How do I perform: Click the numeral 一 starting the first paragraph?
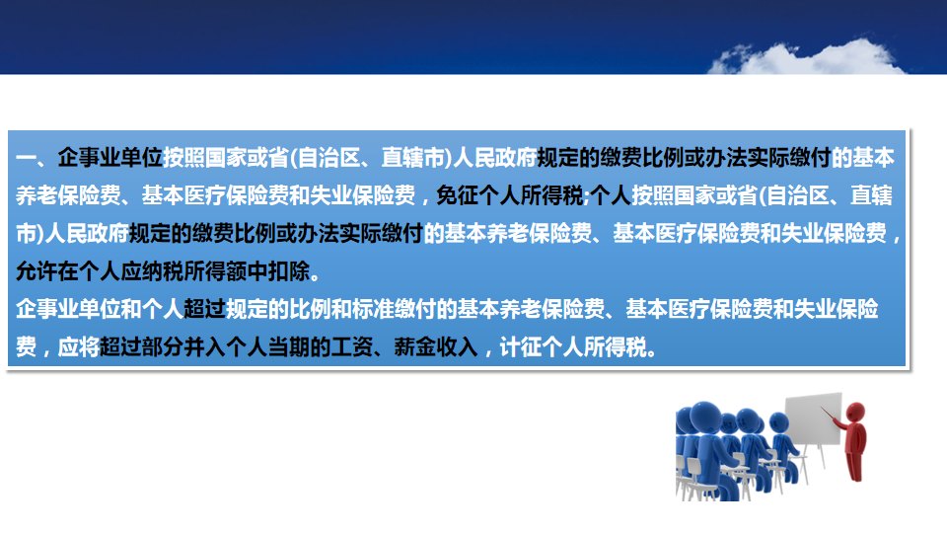[26, 158]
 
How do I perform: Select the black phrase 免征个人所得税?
[509, 195]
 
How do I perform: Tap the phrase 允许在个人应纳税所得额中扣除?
[163, 271]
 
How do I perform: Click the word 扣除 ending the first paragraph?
[289, 271]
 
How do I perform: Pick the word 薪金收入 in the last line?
[435, 346]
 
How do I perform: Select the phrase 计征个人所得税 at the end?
[573, 346]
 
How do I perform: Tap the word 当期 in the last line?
[289, 346]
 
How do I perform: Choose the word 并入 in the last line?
[205, 346]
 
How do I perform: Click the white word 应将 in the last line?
[79, 346]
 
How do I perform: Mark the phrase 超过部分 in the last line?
[141, 346]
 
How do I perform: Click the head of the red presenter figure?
[855, 413]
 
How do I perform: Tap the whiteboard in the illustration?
[814, 419]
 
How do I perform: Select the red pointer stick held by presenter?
[831, 416]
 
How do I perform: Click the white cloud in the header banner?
[806, 59]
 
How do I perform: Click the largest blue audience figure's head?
[704, 417]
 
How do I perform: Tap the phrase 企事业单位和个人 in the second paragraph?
[100, 309]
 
